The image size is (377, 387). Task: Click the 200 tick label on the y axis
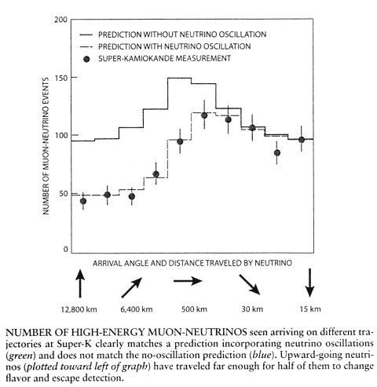(x=60, y=20)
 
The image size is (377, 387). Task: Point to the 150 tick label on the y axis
(x=60, y=78)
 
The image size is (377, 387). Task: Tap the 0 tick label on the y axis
(x=65, y=250)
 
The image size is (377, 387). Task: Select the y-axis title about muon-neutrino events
(x=46, y=146)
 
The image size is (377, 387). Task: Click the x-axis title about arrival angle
(x=192, y=263)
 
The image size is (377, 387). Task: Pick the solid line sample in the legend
(x=86, y=35)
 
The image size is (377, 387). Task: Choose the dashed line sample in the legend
(x=86, y=46)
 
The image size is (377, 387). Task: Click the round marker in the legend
(x=86, y=59)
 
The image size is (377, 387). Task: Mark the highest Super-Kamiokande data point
(x=204, y=115)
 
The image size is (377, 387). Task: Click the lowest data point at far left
(x=83, y=201)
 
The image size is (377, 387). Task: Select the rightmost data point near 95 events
(x=302, y=140)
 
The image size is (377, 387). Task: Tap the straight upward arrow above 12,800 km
(x=80, y=283)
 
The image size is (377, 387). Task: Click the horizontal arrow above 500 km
(x=188, y=281)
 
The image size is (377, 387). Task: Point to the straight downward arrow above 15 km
(x=309, y=283)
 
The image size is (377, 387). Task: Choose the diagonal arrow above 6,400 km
(x=132, y=287)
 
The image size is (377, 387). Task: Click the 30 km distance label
(x=252, y=309)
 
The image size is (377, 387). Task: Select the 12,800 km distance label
(x=79, y=309)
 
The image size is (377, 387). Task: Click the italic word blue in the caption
(x=260, y=355)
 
